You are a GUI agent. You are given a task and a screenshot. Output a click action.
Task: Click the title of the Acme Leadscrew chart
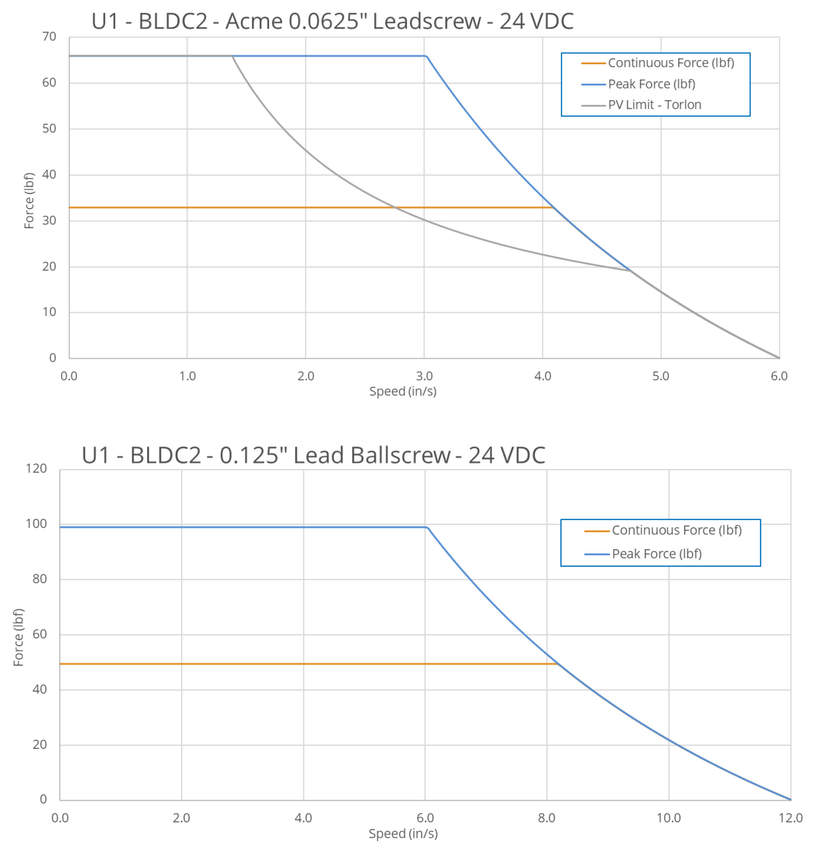pos(332,21)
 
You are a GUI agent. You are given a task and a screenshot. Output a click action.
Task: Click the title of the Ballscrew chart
pos(313,455)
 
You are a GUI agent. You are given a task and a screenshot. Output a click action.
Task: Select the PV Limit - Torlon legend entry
pos(654,105)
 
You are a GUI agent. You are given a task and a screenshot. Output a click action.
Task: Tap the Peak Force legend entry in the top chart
pos(651,84)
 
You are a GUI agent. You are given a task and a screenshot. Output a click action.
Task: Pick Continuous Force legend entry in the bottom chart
pos(676,531)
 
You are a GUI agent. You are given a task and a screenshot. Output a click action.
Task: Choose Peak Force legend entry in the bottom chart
pos(656,554)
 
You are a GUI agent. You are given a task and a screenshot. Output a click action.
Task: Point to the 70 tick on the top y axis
pos(49,37)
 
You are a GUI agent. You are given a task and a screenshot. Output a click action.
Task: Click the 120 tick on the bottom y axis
pos(36,469)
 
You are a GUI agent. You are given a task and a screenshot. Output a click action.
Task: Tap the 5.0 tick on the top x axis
pos(661,376)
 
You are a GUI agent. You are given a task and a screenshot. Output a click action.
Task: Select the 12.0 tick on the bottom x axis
pos(790,818)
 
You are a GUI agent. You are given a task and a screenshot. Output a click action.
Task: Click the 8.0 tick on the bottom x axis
pos(547,818)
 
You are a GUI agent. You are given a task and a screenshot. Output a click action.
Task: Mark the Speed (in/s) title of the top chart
pos(403,391)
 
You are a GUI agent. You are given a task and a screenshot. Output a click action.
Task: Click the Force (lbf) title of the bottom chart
pos(18,637)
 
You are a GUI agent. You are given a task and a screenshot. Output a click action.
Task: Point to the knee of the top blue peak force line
pos(426,56)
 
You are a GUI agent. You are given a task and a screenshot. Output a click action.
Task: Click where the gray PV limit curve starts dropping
pos(232,56)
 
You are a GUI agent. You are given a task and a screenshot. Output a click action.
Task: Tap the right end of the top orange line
pos(553,208)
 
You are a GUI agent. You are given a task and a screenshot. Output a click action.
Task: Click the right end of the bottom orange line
pos(558,664)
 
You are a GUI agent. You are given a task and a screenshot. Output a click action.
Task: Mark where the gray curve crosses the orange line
pos(395,208)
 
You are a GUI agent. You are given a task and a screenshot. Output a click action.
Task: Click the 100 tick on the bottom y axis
pos(36,524)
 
